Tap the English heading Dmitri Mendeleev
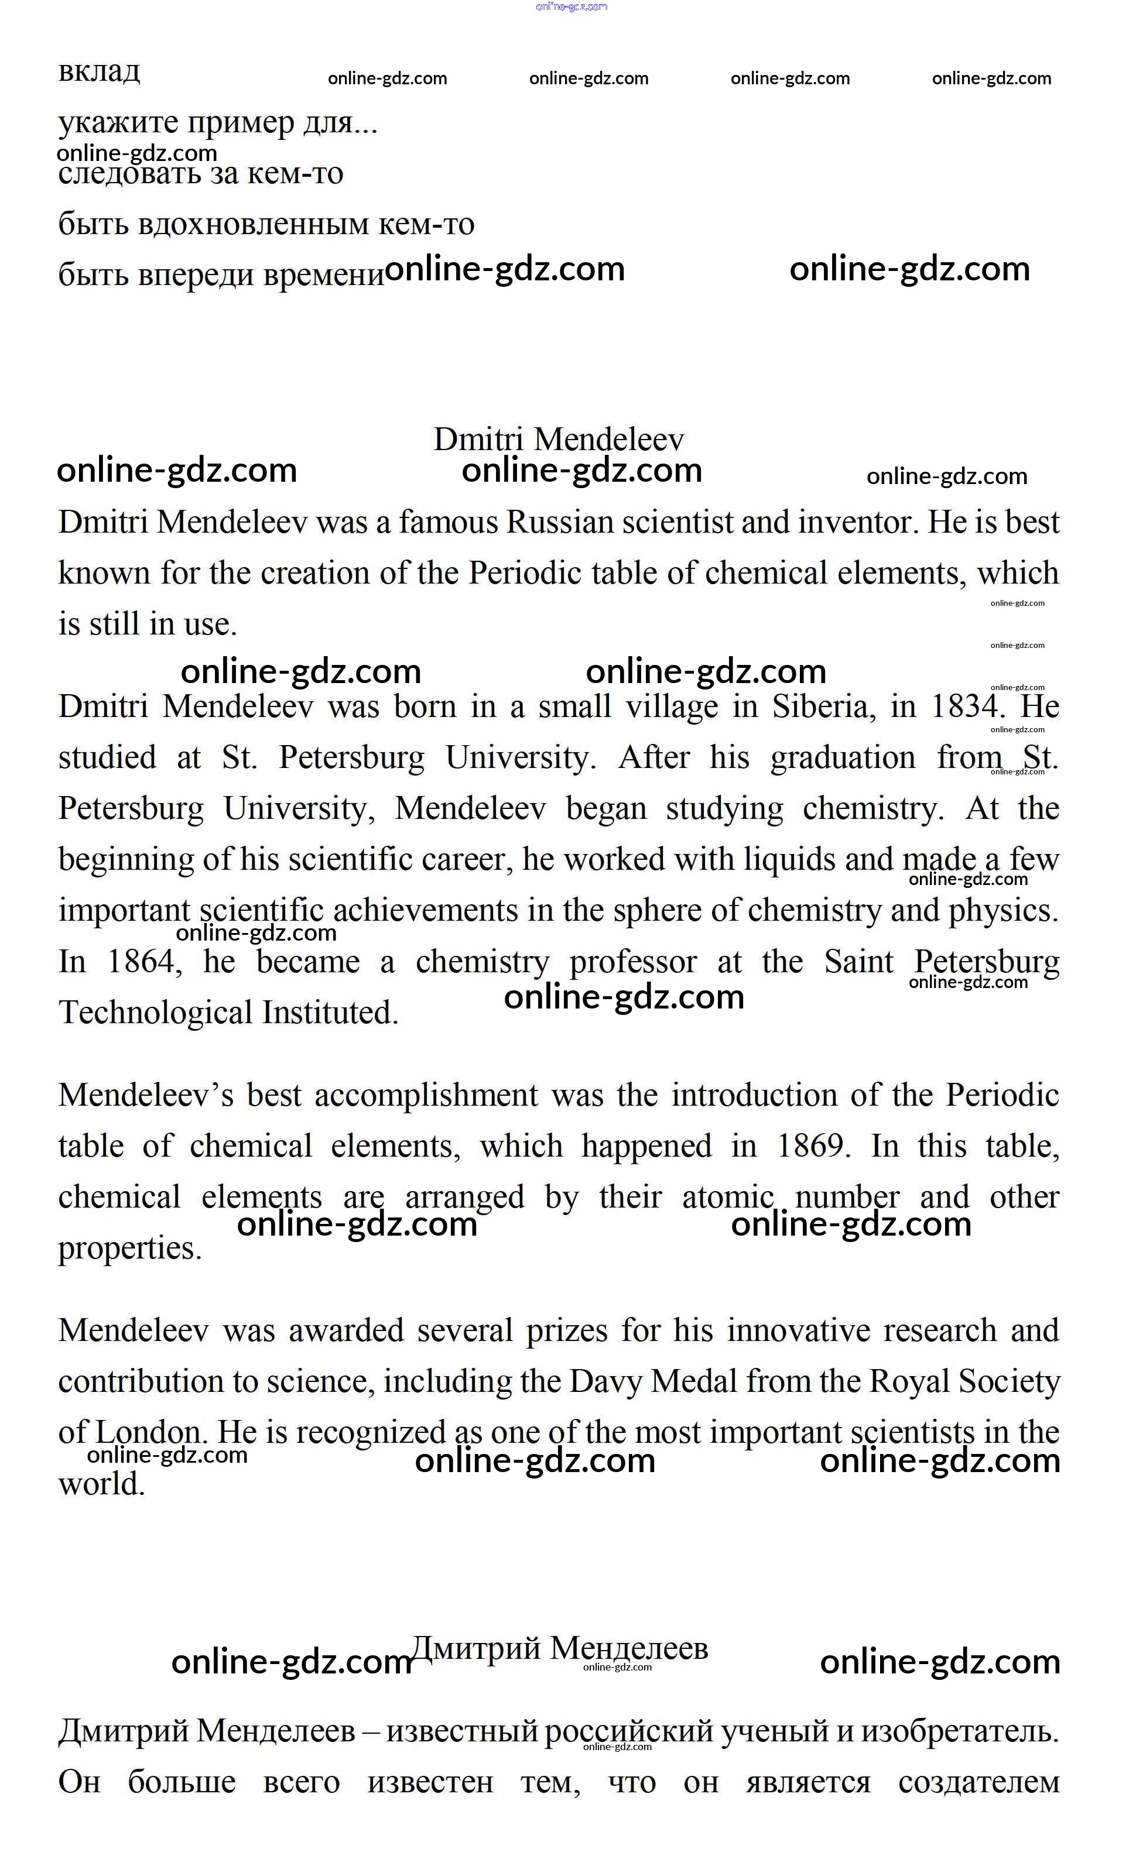click(x=559, y=439)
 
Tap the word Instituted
click(x=330, y=1013)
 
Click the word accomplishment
click(x=426, y=1096)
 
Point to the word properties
click(x=129, y=1248)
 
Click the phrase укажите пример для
click(x=217, y=122)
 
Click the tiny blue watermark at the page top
click(x=571, y=7)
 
